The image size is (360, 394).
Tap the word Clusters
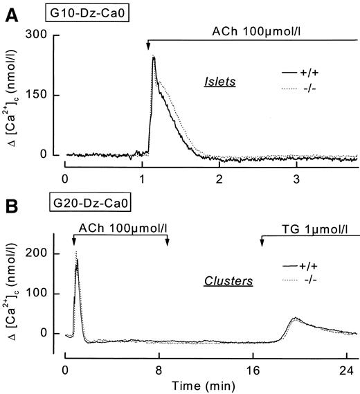[x=224, y=281]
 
